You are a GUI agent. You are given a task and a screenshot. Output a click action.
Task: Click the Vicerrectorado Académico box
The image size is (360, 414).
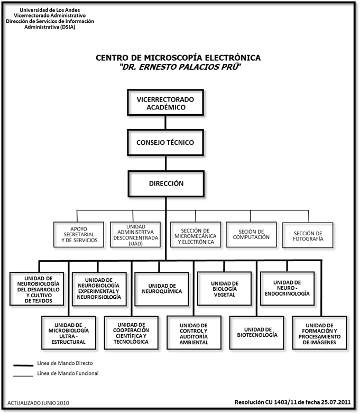coord(165,103)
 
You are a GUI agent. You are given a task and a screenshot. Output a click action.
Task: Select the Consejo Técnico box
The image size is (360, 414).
coord(165,143)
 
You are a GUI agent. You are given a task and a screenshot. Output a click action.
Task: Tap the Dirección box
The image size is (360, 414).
coord(166,184)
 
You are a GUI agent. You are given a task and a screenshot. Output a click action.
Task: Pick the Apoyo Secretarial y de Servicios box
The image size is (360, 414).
coord(79,235)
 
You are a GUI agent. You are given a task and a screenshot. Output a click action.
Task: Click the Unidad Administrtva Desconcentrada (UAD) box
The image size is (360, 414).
coord(135,235)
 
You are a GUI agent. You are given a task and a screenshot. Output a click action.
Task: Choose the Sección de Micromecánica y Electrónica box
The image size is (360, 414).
coord(196,235)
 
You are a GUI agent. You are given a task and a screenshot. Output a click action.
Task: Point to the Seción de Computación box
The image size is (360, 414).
coord(251,235)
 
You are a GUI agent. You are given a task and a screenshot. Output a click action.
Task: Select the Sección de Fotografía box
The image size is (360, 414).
coord(308,235)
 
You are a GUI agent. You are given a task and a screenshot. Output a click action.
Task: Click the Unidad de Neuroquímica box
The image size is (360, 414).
coord(162,289)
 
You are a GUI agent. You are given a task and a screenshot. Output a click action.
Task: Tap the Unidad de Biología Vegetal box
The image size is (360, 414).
coord(224,289)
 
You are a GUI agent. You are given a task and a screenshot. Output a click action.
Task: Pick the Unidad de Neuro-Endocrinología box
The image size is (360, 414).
coord(288,289)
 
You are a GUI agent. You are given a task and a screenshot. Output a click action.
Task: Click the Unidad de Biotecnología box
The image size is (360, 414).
coord(257,333)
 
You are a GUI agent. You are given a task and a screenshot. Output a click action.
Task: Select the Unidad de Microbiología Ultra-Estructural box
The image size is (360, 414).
coord(69,333)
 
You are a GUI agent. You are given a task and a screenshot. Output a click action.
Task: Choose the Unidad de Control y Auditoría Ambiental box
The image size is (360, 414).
coord(194,333)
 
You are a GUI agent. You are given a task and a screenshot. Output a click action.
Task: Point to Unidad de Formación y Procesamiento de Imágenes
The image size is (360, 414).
coord(320,333)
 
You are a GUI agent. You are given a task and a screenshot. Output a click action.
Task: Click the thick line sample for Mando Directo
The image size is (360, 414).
coord(23,365)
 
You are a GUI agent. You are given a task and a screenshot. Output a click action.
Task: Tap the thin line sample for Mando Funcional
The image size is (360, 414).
coord(23,376)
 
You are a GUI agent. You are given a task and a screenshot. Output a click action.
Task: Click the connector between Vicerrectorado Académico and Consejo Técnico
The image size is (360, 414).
coord(165,123)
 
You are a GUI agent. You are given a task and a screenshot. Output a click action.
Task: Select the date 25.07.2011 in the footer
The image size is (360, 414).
coord(336,402)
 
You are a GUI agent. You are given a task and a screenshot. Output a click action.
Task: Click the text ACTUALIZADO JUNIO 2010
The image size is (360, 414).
coord(38,403)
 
